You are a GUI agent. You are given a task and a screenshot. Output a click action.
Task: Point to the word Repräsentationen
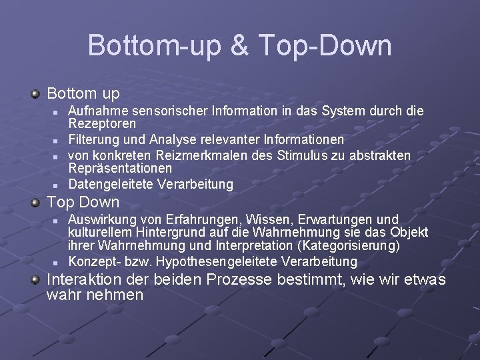(120, 169)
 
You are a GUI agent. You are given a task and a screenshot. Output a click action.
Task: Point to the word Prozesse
(239, 279)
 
